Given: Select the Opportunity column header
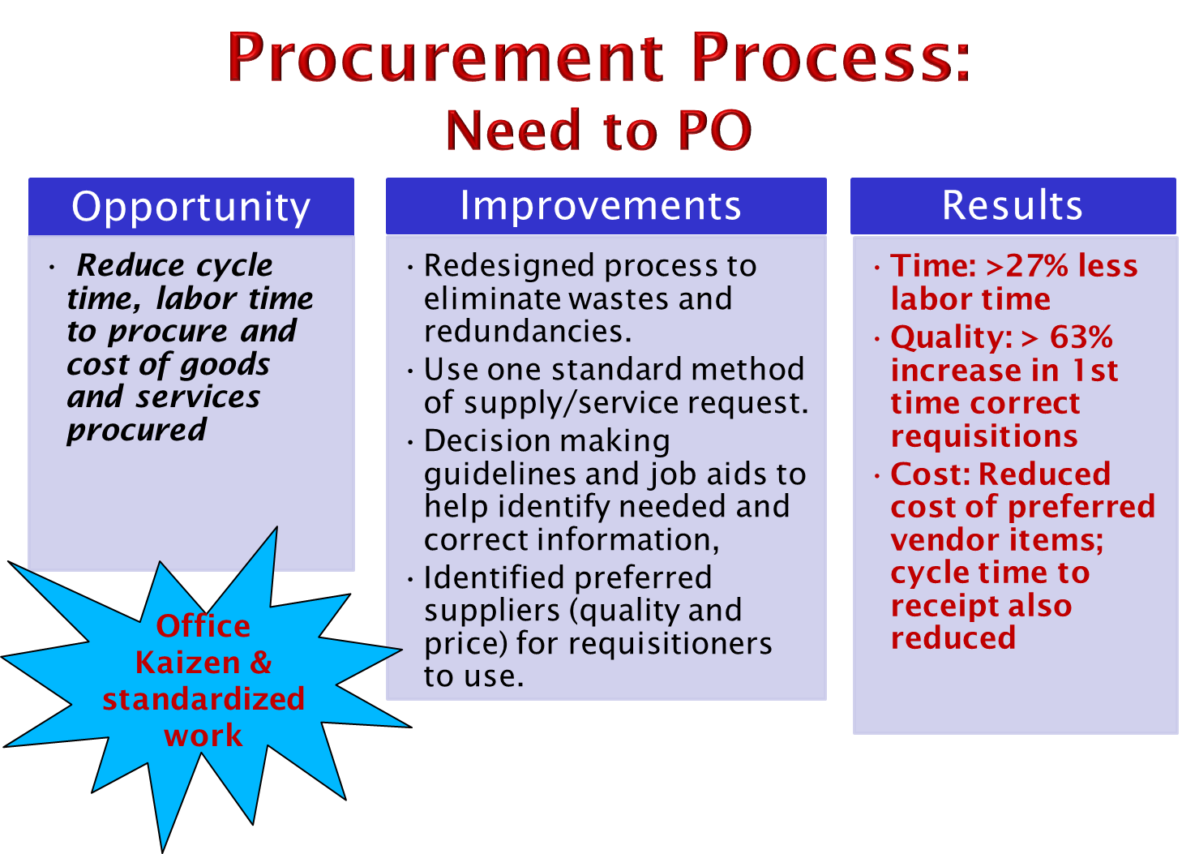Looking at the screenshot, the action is click(x=191, y=206).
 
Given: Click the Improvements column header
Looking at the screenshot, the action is click(x=606, y=206).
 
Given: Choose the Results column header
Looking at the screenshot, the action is click(x=1013, y=206).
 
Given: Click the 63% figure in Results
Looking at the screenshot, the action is click(x=1081, y=337).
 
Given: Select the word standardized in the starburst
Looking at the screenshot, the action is click(x=203, y=699).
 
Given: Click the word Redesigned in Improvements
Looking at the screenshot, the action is click(x=508, y=265).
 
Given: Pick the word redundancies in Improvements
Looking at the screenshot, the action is click(x=528, y=332).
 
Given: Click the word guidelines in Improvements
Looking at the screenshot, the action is click(x=499, y=474).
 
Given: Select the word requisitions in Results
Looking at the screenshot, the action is click(x=984, y=436).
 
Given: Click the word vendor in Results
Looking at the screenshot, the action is click(x=944, y=539).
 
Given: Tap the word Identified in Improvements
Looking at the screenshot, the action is click(x=495, y=577).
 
